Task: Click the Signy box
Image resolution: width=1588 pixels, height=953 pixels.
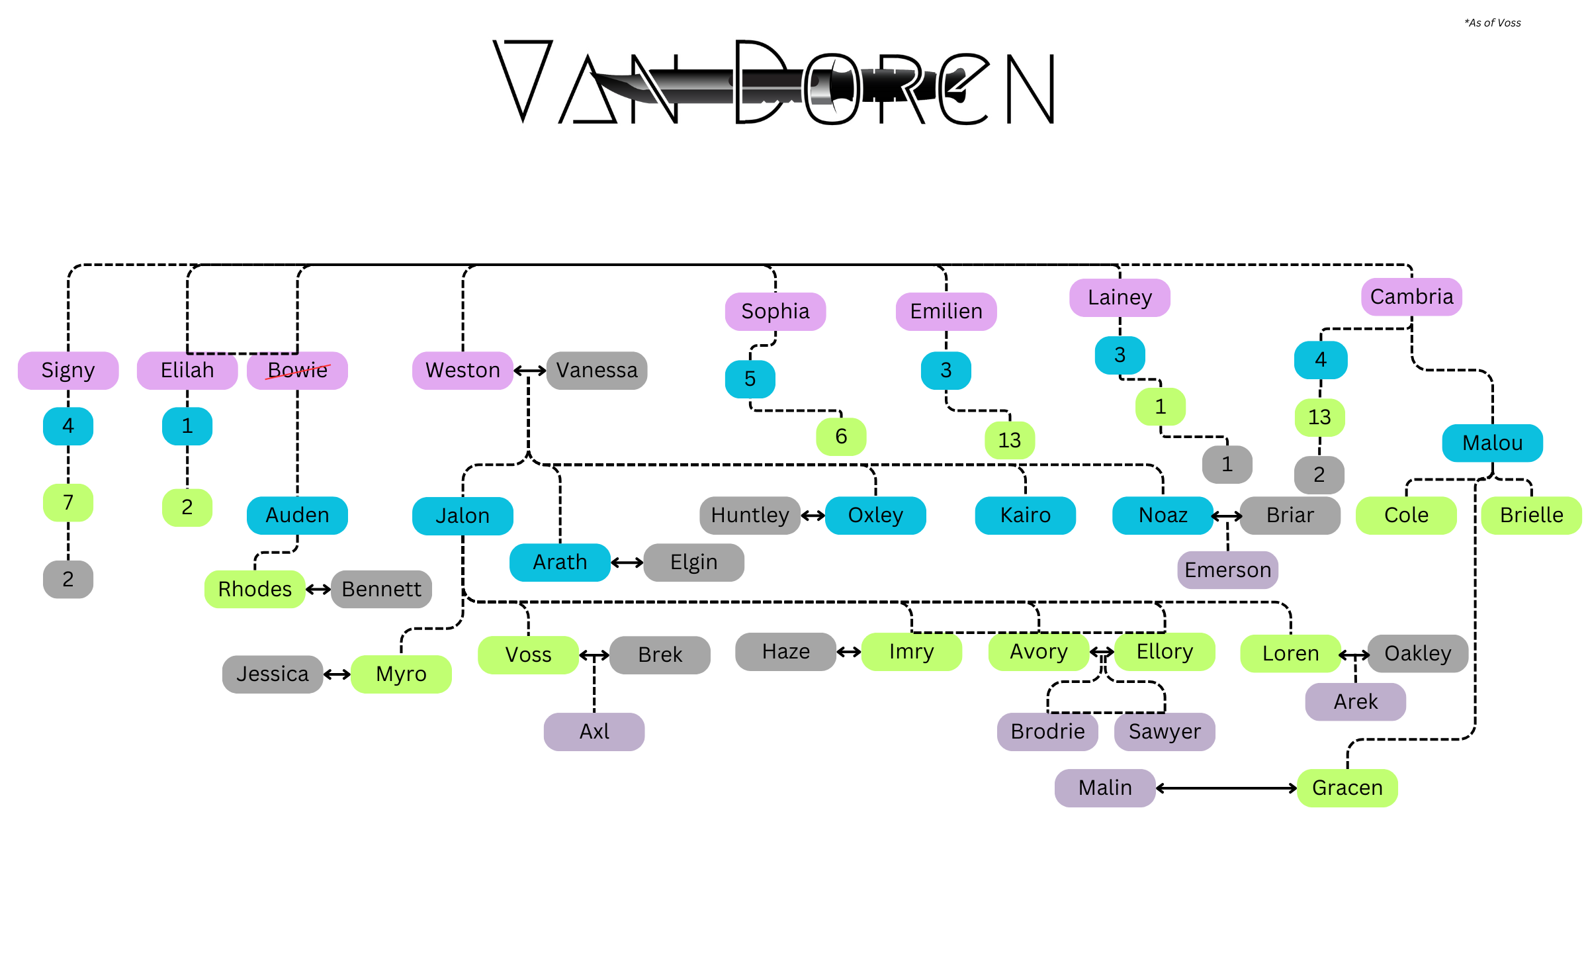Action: pos(68,370)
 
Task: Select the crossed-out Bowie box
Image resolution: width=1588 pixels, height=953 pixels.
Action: pos(297,370)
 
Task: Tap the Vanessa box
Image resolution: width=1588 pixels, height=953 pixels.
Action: pos(596,370)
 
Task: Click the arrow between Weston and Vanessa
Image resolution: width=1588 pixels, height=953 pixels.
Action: pos(529,371)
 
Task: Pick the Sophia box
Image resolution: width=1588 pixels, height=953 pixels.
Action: pos(775,311)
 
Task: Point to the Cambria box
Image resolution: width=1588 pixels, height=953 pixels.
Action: pos(1411,296)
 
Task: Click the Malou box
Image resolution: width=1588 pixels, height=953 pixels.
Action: pos(1492,443)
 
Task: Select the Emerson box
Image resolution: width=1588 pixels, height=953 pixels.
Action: pos(1227,570)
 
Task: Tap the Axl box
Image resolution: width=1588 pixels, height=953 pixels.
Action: pos(594,731)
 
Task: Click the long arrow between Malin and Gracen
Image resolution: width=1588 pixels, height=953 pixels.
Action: pos(1226,788)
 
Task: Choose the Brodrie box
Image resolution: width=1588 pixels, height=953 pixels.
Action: pos(1047,731)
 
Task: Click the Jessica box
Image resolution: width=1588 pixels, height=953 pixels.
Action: pos(273,674)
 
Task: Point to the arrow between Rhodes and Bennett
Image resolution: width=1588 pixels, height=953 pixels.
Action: pos(318,589)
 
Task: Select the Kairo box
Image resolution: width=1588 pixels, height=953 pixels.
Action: pos(1025,515)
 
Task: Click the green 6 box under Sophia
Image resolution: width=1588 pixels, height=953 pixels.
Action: pos(841,436)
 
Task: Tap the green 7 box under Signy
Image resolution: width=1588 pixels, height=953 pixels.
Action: pos(68,502)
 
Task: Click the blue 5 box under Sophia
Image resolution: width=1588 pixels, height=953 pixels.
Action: pos(750,379)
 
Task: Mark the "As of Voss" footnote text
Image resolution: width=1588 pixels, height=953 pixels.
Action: pos(1492,23)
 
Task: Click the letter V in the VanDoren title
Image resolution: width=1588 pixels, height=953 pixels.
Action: pos(523,79)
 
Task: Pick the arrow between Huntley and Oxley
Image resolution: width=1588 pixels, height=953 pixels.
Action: pos(813,515)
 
